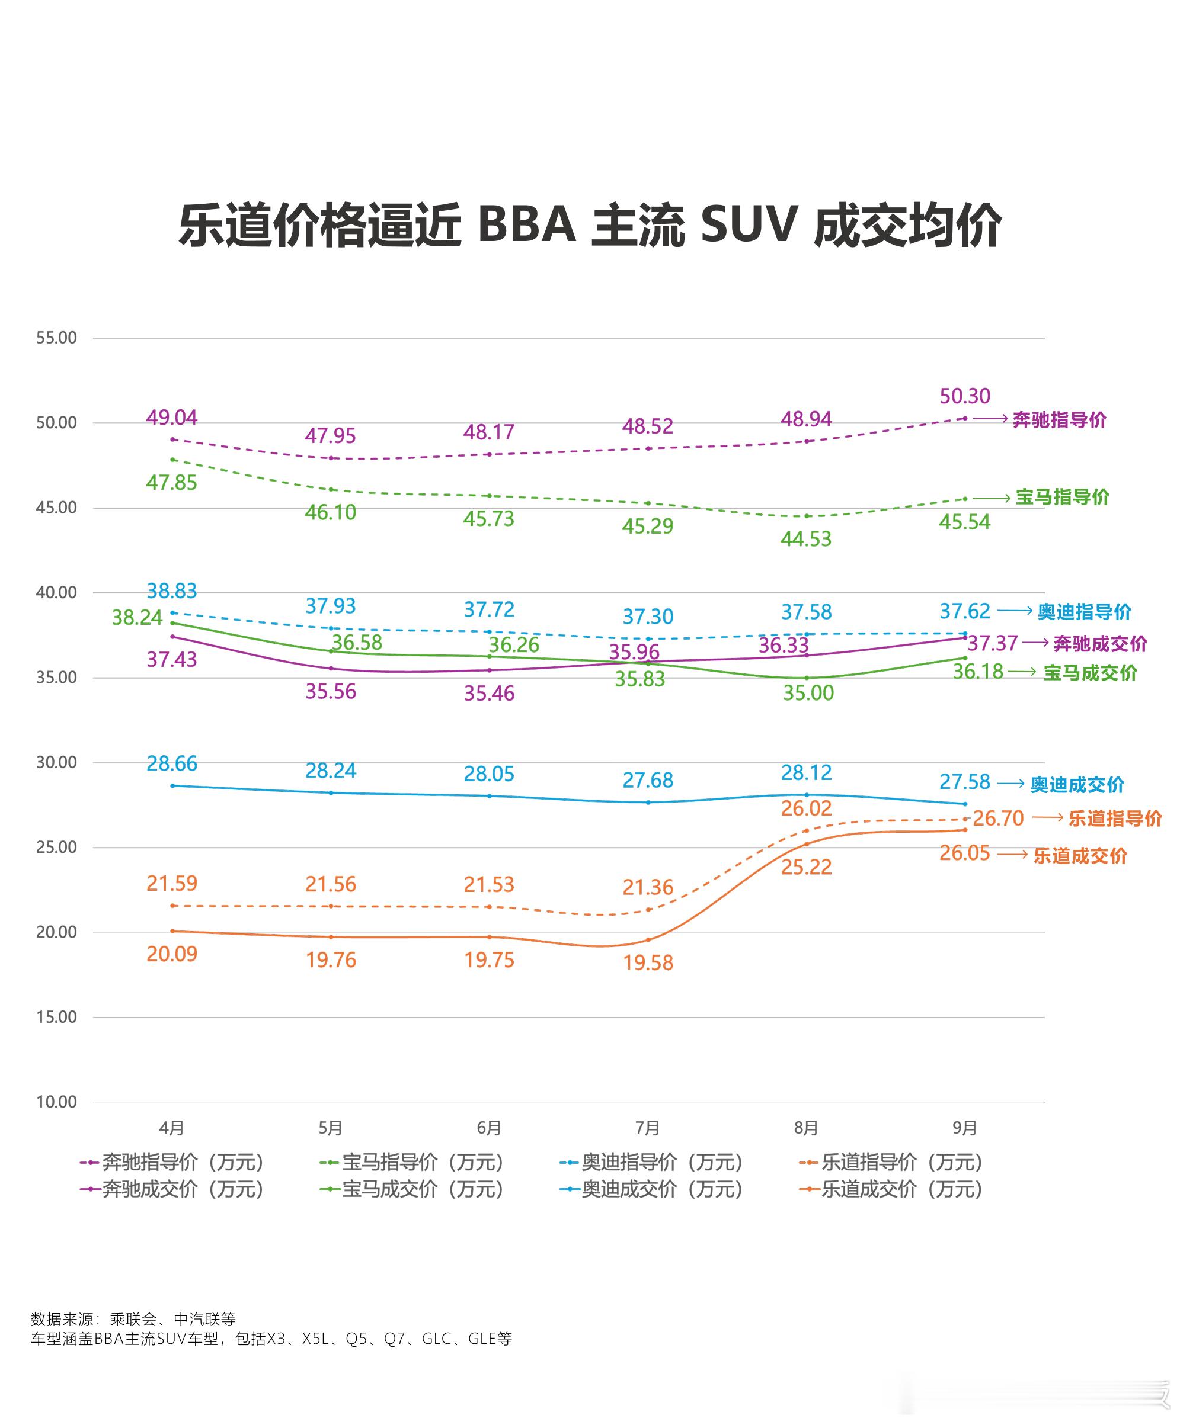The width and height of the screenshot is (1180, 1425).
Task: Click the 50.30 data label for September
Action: (x=964, y=396)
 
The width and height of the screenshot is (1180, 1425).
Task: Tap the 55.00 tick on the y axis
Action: (x=56, y=338)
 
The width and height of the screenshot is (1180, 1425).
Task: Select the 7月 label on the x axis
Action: (x=647, y=1127)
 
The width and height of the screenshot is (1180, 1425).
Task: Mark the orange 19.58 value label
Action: (x=648, y=962)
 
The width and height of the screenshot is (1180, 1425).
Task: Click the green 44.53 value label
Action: (x=806, y=539)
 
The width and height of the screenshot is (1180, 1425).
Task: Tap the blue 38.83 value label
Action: (x=172, y=591)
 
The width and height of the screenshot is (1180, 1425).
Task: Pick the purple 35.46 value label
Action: (x=489, y=693)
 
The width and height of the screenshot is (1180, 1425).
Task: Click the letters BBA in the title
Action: (x=527, y=224)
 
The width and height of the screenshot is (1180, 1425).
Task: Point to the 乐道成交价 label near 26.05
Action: (x=1079, y=856)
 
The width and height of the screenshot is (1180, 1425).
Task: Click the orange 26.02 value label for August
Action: (x=806, y=808)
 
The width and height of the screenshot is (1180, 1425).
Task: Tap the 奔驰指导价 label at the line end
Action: (x=1059, y=420)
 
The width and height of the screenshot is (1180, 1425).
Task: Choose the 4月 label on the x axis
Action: (x=172, y=1127)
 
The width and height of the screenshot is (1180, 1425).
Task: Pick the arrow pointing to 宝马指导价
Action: (x=992, y=498)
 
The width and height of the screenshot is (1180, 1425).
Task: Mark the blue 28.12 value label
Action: (x=806, y=772)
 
